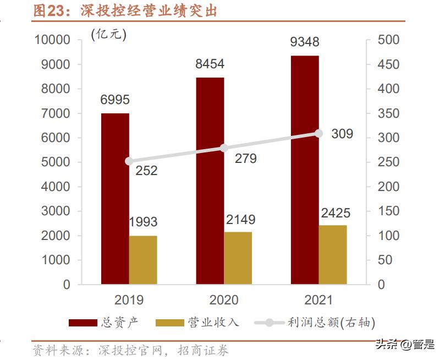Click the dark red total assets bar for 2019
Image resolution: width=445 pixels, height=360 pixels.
coord(114,199)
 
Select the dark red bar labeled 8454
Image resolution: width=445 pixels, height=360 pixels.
coord(210,181)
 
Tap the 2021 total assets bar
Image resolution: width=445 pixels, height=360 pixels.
coord(305,170)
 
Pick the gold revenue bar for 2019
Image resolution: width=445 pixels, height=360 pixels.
coord(143,260)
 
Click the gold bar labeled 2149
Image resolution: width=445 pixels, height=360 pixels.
coord(238,258)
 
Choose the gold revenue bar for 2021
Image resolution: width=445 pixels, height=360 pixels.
coord(333,255)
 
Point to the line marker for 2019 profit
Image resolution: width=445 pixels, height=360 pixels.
coord(129,161)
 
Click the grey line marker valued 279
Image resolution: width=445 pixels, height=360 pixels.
coord(224,148)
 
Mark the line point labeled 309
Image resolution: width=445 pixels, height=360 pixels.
coord(318,133)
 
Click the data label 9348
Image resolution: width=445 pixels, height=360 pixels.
coord(305,42)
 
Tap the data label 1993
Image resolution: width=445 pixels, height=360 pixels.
coord(142,222)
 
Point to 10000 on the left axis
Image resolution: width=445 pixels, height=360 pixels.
coord(52,40)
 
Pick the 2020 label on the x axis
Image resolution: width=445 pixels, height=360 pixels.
coord(224,300)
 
